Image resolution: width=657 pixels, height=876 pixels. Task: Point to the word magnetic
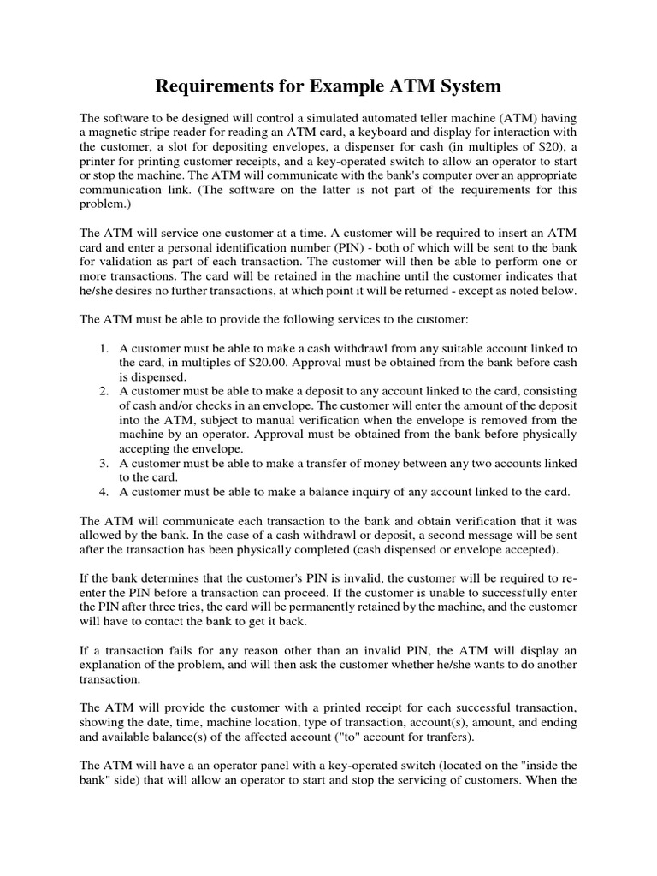113,133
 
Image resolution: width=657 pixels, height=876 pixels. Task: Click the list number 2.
103,392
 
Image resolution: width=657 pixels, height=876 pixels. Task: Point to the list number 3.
103,464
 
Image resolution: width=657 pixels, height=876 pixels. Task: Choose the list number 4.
103,493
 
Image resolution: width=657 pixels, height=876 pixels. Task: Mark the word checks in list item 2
222,406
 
